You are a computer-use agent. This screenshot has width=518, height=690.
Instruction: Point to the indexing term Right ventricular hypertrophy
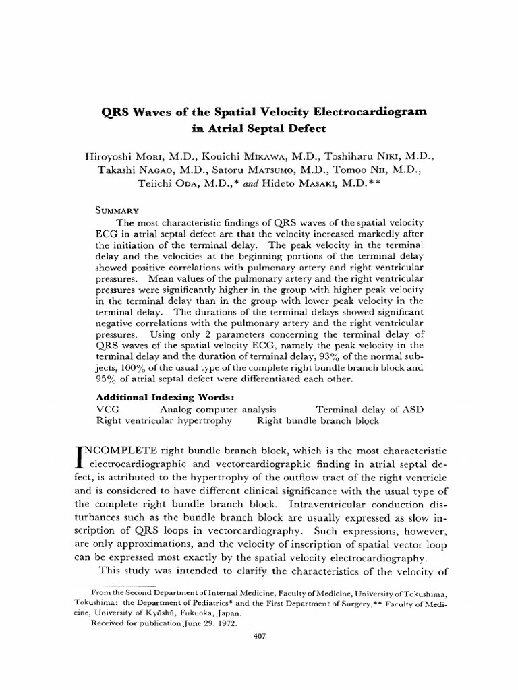point(164,420)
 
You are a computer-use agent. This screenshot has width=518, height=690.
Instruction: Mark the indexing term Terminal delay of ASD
point(368,408)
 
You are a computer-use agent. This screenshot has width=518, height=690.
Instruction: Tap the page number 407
point(258,635)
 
